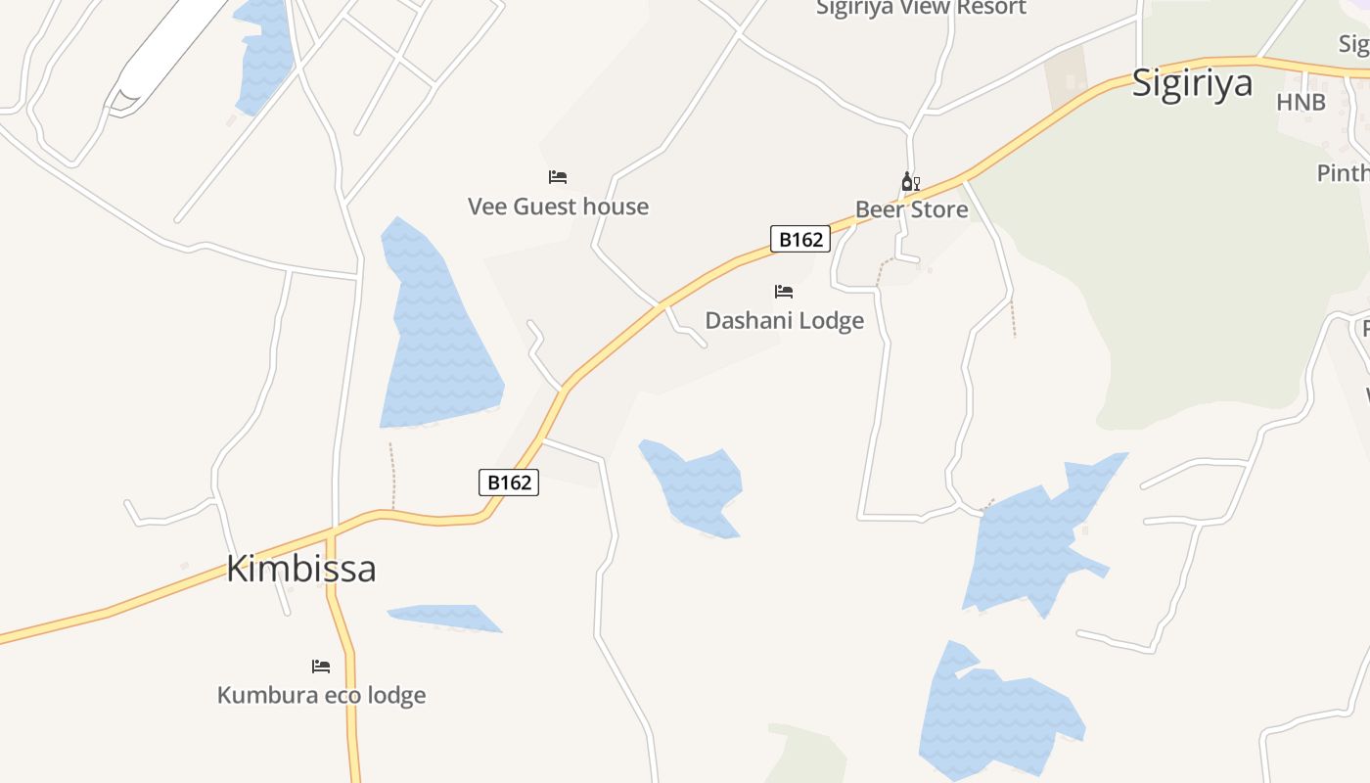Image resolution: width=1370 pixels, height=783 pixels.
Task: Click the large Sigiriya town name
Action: pyautogui.click(x=1192, y=83)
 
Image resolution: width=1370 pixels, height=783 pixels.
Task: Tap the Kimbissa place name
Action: pyautogui.click(x=301, y=569)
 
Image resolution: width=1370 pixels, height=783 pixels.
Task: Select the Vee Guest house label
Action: pyautogui.click(x=558, y=207)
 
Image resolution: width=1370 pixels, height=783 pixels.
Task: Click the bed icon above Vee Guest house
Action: pyautogui.click(x=558, y=177)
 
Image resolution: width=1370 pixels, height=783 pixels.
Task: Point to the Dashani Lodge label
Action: pyautogui.click(x=784, y=321)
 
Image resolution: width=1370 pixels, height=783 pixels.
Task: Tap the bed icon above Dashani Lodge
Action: pyautogui.click(x=784, y=292)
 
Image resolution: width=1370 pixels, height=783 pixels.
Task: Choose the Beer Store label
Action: pyautogui.click(x=911, y=209)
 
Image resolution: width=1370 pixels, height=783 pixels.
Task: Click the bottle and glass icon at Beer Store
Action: pyautogui.click(x=910, y=182)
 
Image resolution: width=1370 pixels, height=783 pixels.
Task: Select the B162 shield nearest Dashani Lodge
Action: pyautogui.click(x=800, y=239)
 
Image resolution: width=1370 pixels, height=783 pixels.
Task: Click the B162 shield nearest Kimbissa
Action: pyautogui.click(x=509, y=482)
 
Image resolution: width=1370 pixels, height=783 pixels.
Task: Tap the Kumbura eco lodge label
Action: pyautogui.click(x=321, y=696)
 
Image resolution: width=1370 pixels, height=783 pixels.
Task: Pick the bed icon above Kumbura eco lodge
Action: pyautogui.click(x=321, y=667)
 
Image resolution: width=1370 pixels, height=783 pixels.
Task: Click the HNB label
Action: pyautogui.click(x=1301, y=103)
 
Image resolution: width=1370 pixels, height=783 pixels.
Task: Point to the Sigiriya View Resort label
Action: pyautogui.click(x=921, y=9)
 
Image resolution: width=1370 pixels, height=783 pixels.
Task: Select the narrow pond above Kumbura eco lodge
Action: pyautogui.click(x=445, y=617)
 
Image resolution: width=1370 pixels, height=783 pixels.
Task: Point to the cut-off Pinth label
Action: pyautogui.click(x=1343, y=173)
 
